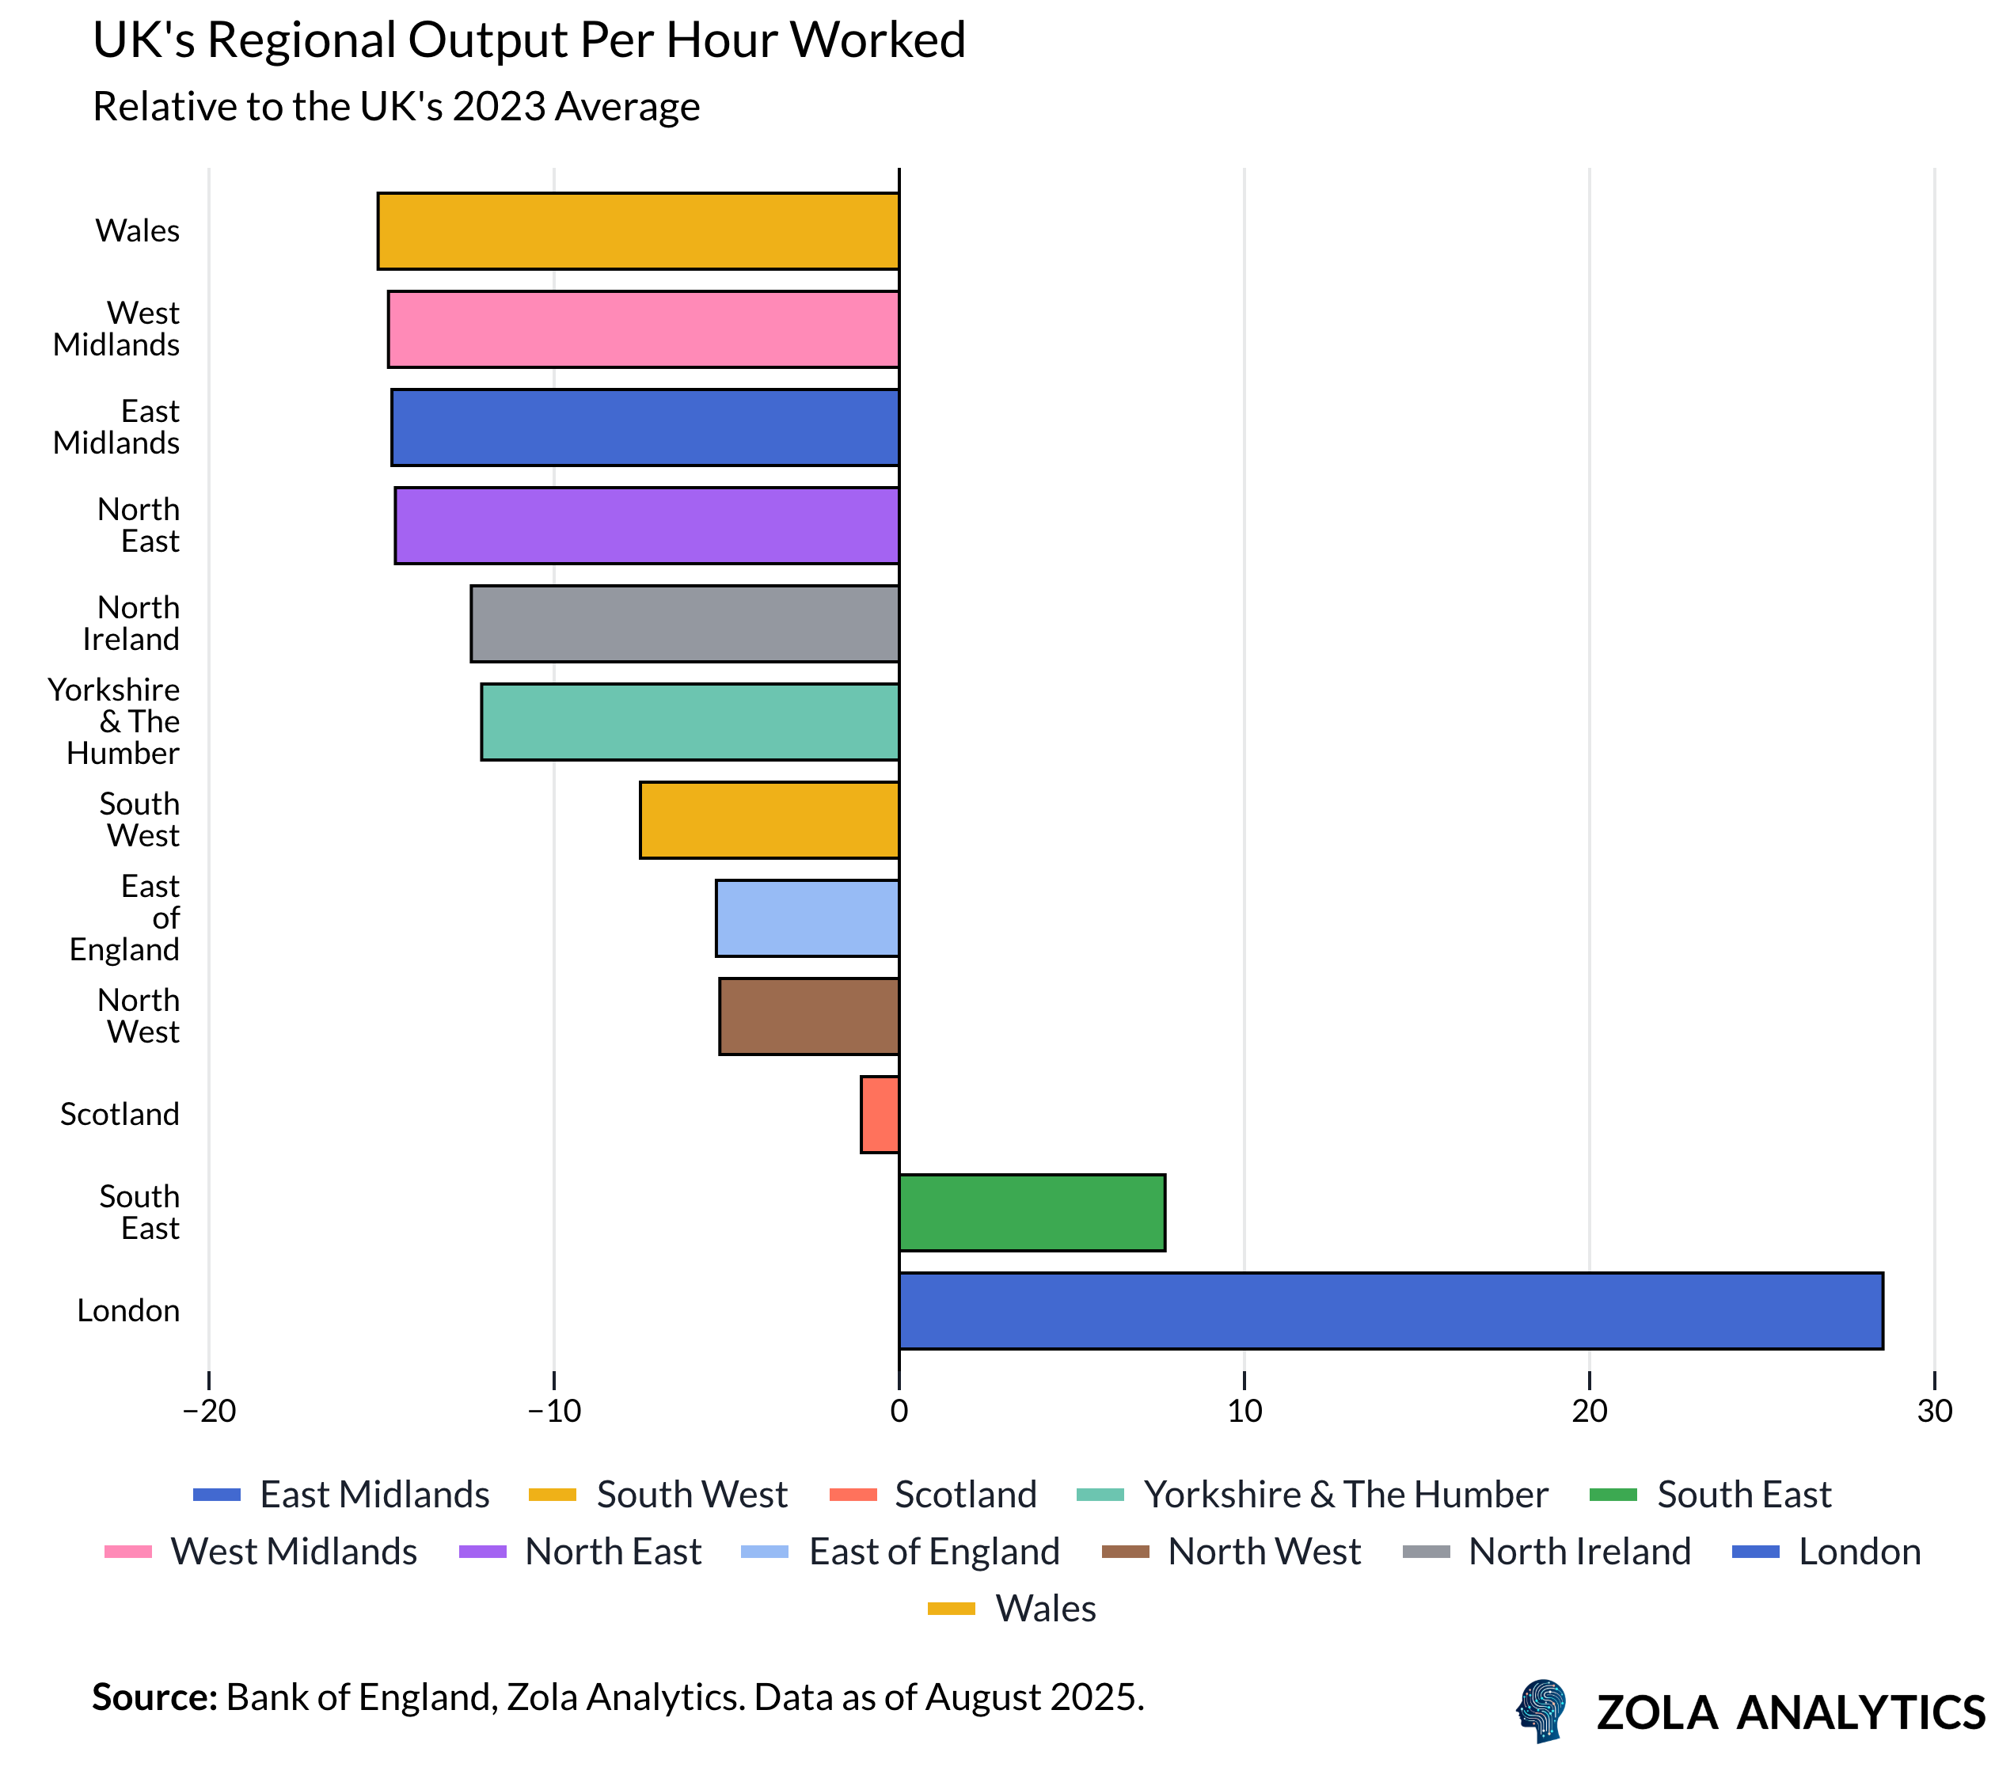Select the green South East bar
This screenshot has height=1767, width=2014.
click(x=1031, y=1212)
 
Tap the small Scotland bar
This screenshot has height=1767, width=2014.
click(x=879, y=1114)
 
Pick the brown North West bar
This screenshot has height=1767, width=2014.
click(x=808, y=1016)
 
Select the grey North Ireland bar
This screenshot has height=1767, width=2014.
click(x=684, y=623)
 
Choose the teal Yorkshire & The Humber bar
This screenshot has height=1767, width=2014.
click(x=689, y=721)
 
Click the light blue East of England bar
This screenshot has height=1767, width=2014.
click(x=806, y=918)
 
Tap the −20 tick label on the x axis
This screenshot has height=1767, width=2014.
click(x=209, y=1412)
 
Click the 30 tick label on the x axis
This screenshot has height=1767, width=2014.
click(x=1934, y=1412)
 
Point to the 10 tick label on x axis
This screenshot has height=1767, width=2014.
click(x=1244, y=1412)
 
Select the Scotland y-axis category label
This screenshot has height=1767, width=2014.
click(x=120, y=1114)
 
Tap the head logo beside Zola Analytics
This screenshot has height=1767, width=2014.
click(x=1542, y=1711)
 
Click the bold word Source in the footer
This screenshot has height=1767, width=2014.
click(x=154, y=1697)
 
